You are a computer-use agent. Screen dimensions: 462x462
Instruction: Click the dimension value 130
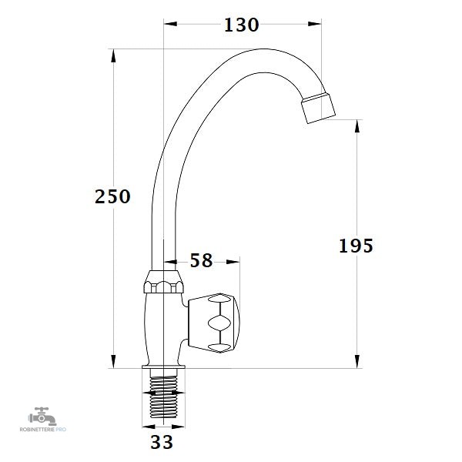click(x=241, y=25)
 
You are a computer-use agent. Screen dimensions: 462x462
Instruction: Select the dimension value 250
click(x=112, y=196)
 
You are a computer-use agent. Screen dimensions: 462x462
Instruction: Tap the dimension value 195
click(x=356, y=246)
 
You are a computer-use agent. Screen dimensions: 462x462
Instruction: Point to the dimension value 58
click(x=201, y=260)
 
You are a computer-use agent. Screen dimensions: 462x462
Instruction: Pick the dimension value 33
click(x=162, y=442)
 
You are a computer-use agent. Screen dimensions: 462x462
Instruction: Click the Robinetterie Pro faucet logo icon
click(x=42, y=416)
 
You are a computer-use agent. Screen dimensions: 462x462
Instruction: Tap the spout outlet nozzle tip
click(x=318, y=108)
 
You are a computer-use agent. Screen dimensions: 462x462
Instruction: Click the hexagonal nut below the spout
click(x=163, y=282)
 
